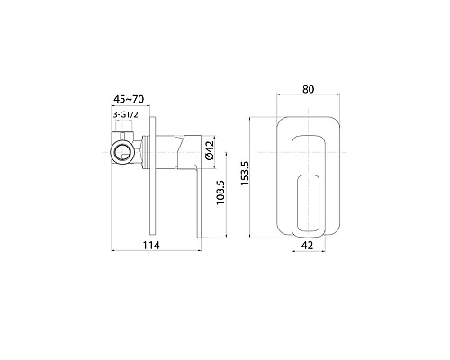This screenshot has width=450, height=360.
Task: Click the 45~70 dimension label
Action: point(129,99)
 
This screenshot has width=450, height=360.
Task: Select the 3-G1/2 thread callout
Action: point(125,114)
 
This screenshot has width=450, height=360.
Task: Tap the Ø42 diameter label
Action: point(209,150)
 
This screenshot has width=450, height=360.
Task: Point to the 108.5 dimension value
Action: point(220,193)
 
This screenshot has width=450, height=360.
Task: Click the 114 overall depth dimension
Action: point(151,245)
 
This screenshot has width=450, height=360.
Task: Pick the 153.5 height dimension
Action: point(245,174)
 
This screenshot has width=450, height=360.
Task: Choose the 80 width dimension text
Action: point(308,89)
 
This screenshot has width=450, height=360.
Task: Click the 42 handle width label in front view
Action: point(307,245)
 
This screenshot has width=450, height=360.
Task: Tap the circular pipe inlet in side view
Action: point(122,151)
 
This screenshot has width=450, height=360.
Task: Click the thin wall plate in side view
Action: point(152,175)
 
